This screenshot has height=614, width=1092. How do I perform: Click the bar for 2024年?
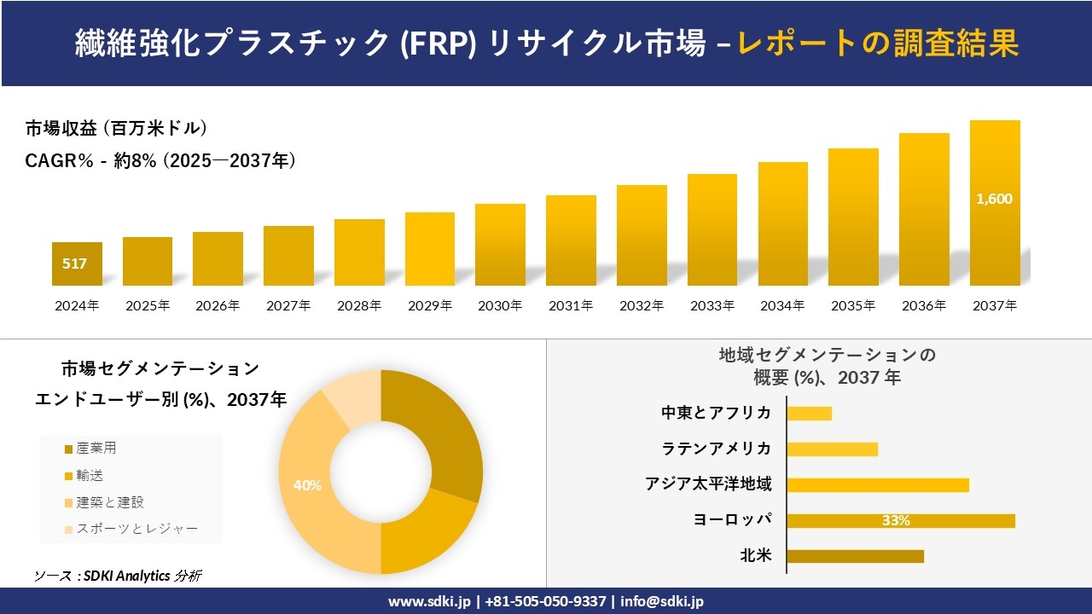click(x=77, y=264)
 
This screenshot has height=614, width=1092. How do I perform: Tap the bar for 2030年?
click(x=500, y=245)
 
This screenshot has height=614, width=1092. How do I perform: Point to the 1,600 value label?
click(x=995, y=199)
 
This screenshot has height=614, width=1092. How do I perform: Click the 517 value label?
click(x=74, y=264)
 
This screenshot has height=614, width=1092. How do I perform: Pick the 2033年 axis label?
click(x=712, y=305)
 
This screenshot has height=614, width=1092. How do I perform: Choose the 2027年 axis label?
click(x=288, y=305)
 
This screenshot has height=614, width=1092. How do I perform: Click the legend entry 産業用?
click(x=96, y=449)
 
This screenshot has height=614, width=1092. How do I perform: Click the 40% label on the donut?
click(x=307, y=485)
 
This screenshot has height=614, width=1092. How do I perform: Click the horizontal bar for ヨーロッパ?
click(x=901, y=520)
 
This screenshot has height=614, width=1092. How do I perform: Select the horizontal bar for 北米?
click(x=855, y=556)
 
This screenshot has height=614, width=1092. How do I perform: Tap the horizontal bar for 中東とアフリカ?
click(x=809, y=414)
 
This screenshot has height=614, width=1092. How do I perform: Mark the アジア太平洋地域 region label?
click(x=708, y=484)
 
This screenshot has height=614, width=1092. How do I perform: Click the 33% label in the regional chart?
click(x=896, y=520)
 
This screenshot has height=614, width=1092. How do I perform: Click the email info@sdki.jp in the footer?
click(x=662, y=601)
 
